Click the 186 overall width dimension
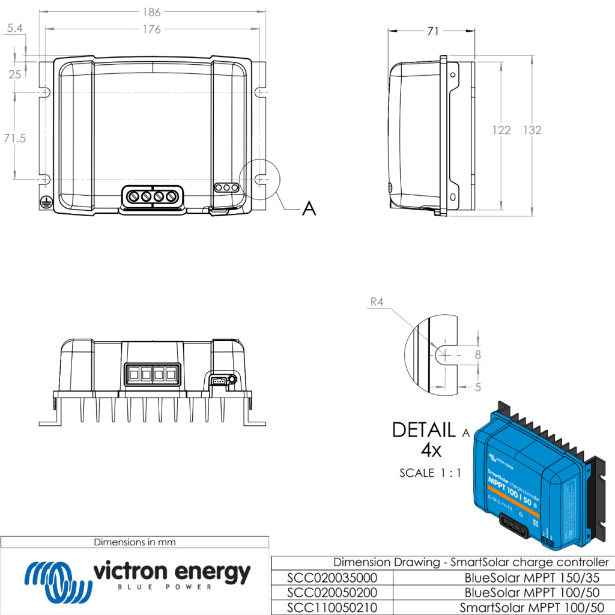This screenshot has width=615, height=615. click(x=153, y=11)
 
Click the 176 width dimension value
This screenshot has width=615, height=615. click(x=153, y=29)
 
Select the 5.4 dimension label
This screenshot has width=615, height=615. click(x=14, y=28)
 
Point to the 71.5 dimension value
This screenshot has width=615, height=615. click(x=14, y=138)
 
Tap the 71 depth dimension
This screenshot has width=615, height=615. click(x=432, y=31)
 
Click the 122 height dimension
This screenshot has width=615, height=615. click(x=501, y=130)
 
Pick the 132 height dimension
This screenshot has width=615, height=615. click(x=532, y=130)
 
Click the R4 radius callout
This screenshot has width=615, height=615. click(x=377, y=303)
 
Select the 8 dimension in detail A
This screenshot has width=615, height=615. click(x=478, y=354)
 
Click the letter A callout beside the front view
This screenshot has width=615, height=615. click(x=309, y=208)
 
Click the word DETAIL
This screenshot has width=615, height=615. click(x=423, y=430)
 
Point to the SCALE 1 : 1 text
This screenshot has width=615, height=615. click(x=430, y=473)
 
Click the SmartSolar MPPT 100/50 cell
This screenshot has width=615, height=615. click(x=535, y=608)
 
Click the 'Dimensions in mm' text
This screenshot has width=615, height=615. click(x=135, y=542)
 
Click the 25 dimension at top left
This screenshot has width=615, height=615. click(x=14, y=74)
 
